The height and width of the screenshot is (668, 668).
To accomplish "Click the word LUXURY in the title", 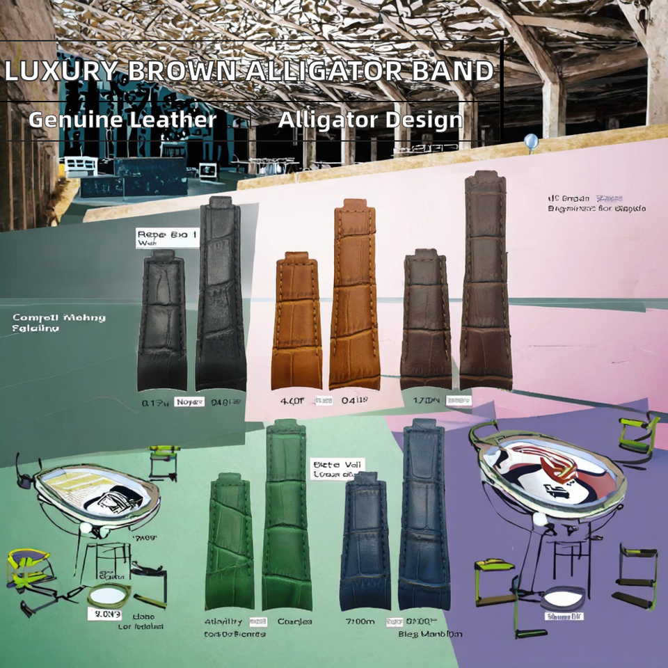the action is coord(61,71).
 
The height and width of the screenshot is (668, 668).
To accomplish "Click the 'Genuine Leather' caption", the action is coord(122,120).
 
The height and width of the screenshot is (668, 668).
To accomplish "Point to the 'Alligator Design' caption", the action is coord(370,120).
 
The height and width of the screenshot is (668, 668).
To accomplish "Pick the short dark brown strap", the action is coord(426,320).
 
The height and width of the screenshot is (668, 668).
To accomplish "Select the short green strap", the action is coord(230,543).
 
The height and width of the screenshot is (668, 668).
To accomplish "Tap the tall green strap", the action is coord(287,515).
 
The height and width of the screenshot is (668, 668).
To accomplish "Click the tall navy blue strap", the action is coord(424,515).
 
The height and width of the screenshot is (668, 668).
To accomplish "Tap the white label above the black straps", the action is coord(167,238).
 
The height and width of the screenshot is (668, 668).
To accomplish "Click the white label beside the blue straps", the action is coord(337,468).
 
